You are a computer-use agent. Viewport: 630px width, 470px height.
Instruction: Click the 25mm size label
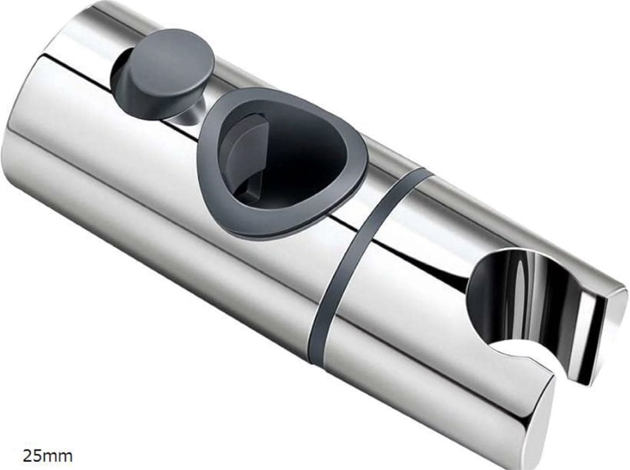point(48,455)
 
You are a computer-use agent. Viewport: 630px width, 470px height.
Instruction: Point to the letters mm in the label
point(60,455)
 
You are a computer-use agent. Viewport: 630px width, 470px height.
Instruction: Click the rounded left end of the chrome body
point(23,157)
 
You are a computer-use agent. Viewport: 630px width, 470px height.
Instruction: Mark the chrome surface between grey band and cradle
point(420,280)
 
